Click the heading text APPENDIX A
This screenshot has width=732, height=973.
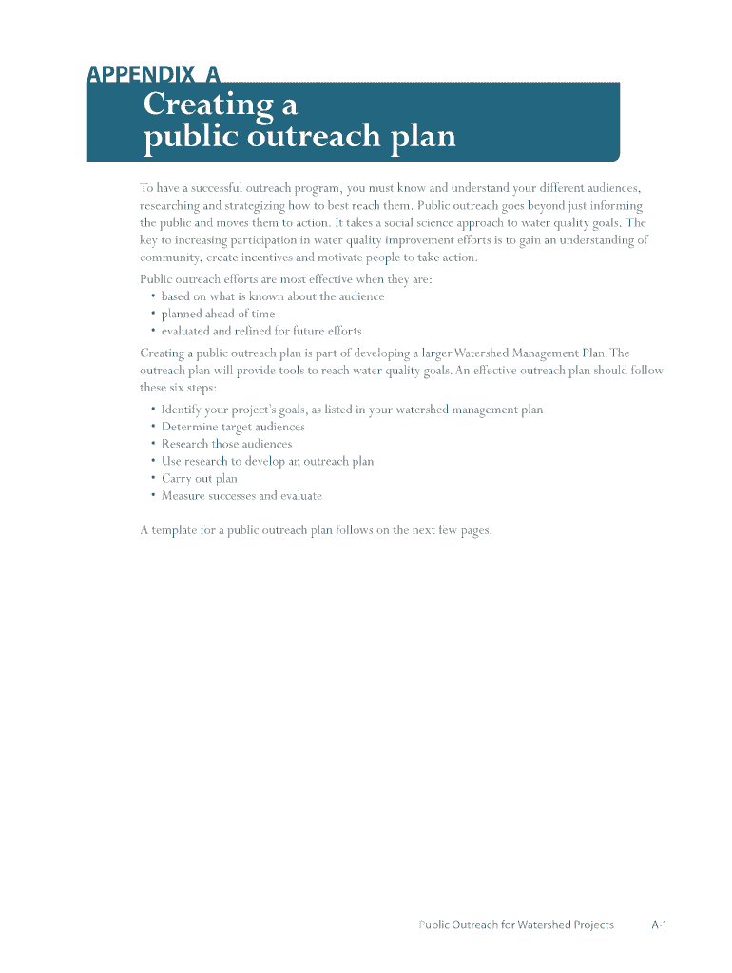tap(153, 74)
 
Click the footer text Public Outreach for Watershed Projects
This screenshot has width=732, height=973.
tap(515, 925)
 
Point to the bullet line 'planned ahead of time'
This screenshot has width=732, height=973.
tap(218, 314)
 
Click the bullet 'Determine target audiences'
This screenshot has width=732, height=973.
tap(233, 427)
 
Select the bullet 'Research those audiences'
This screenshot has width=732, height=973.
tap(226, 444)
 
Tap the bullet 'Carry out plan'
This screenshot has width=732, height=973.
tap(199, 478)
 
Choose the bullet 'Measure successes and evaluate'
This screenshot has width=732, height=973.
tap(241, 495)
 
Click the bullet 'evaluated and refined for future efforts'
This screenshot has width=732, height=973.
tap(261, 331)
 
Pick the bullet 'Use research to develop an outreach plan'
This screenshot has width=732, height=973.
tap(267, 461)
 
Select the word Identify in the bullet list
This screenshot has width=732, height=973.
tap(181, 410)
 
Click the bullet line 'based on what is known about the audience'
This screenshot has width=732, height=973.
tap(273, 296)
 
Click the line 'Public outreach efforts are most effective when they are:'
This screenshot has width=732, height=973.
tap(286, 279)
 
